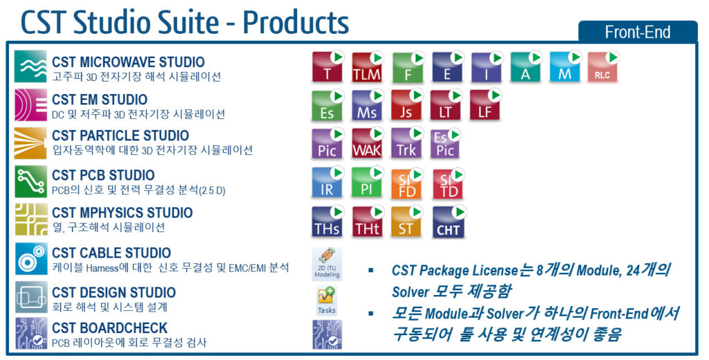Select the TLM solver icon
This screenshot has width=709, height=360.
367,68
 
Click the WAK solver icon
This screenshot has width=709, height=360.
367,144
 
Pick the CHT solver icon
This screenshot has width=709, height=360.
447,222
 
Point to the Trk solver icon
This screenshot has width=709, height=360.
406,144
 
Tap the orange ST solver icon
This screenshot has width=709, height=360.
406,222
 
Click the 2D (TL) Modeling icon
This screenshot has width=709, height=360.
326,263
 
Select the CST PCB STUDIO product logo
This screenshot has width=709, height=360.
31,182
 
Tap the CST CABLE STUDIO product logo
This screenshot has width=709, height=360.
31,259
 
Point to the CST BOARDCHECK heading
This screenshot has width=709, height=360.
109,327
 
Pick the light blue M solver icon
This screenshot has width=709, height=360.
565,68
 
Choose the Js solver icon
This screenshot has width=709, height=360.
406,106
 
